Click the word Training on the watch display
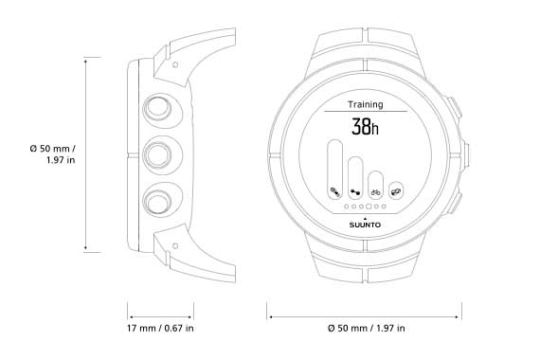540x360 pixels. click(365, 104)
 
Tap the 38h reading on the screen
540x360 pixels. click(365, 126)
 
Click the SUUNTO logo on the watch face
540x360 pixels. click(365, 225)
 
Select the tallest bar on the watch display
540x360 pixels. click(334, 170)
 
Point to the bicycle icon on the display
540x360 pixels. click(376, 192)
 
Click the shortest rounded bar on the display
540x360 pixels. click(396, 190)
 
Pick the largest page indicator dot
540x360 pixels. click(369, 207)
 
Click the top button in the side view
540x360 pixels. click(157, 107)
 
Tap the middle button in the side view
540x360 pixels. click(157, 154)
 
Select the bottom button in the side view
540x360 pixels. click(157, 201)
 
